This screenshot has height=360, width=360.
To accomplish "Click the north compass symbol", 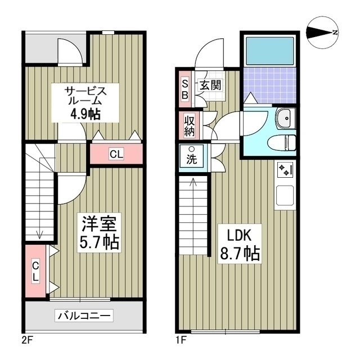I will [322, 33].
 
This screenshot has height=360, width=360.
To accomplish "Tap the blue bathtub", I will [270, 53].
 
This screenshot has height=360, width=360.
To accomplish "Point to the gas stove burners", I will [284, 169].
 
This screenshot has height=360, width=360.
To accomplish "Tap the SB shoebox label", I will [184, 88].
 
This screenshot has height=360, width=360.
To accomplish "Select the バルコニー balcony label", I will [84, 316].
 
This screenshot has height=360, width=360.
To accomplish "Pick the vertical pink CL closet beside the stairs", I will [35, 271].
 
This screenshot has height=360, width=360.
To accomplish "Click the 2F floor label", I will [28, 339].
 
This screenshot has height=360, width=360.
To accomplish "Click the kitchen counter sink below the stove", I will [284, 195].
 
